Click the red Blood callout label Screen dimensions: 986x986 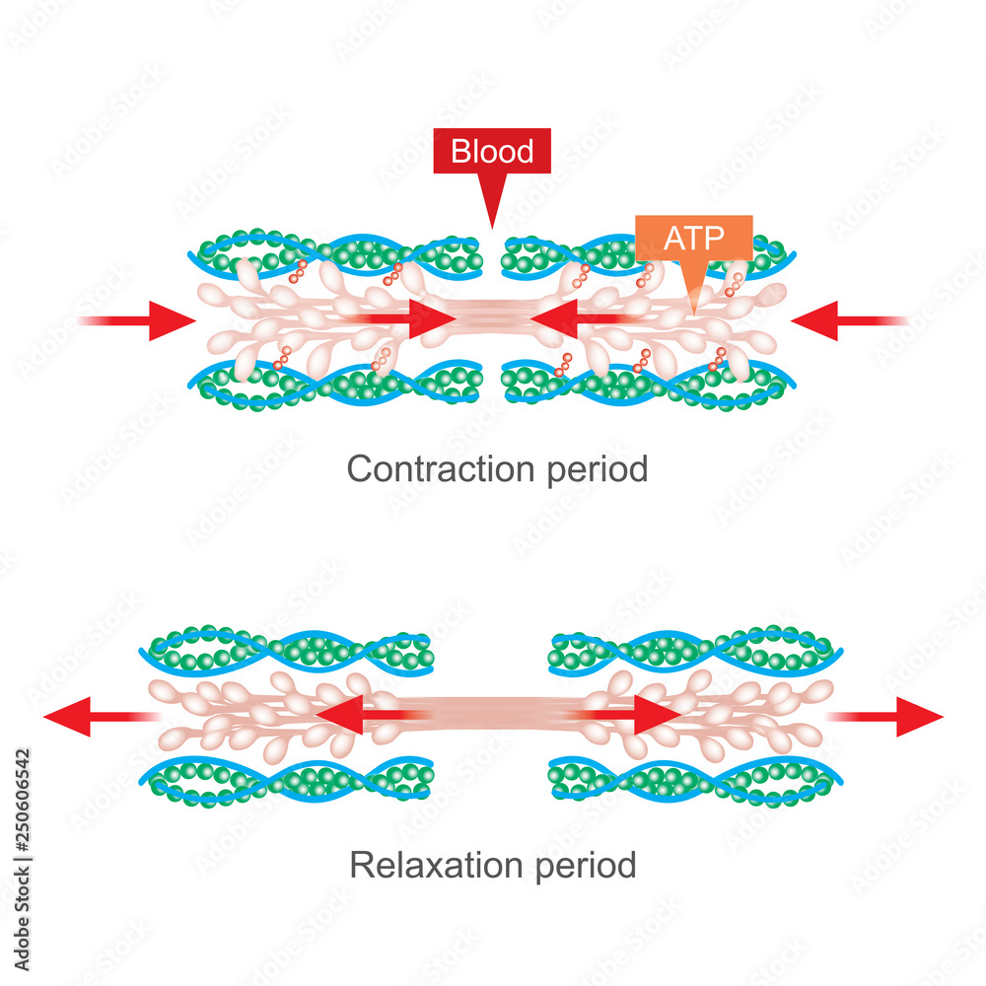(x=492, y=153)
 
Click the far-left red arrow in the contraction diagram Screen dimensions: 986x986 (x=143, y=320)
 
